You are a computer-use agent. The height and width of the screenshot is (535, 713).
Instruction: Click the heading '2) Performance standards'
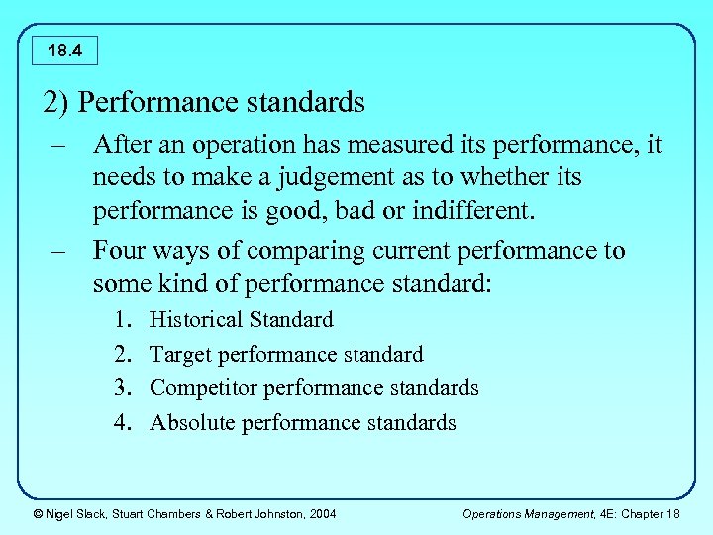point(204,102)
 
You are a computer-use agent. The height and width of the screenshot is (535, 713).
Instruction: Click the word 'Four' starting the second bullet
point(118,251)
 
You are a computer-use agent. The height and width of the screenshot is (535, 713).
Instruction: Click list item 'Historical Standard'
point(241,320)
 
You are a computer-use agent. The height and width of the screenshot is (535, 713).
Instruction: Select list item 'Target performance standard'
point(286,355)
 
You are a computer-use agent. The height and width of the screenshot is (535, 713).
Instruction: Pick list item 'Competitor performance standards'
point(314,388)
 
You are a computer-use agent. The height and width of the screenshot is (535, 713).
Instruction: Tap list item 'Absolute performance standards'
point(302,423)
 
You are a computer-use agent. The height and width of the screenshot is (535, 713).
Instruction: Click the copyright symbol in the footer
point(37,513)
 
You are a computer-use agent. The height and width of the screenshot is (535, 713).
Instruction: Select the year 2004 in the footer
point(322,513)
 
